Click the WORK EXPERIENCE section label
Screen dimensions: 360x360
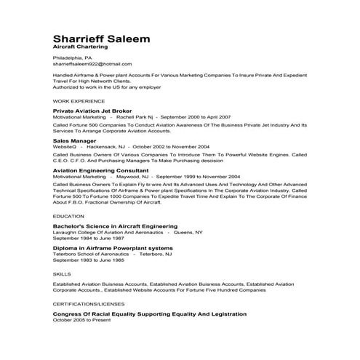pyautogui.click(x=77, y=101)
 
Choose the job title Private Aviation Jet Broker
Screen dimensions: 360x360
pyautogui.click(x=95, y=110)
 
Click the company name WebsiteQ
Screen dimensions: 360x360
pyautogui.click(x=65, y=146)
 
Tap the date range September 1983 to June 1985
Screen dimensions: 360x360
pyautogui.click(x=88, y=260)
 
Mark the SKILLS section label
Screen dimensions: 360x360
pyautogui.click(x=62, y=273)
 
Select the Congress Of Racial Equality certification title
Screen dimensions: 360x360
pyautogui.click(x=150, y=313)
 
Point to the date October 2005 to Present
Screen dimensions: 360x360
pyautogui.click(x=84, y=320)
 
